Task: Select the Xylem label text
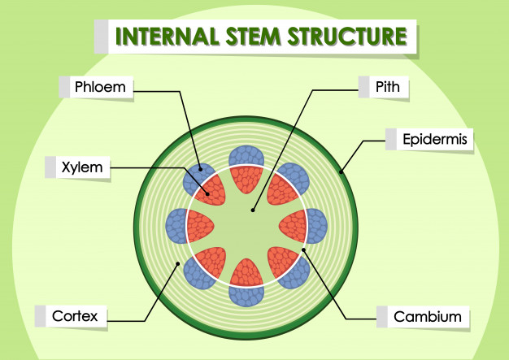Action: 80,167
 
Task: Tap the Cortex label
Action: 76,315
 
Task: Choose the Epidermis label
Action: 435,140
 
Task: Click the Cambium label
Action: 427,316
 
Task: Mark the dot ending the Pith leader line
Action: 253,210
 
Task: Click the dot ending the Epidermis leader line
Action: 342,172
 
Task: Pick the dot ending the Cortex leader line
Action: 180,263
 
